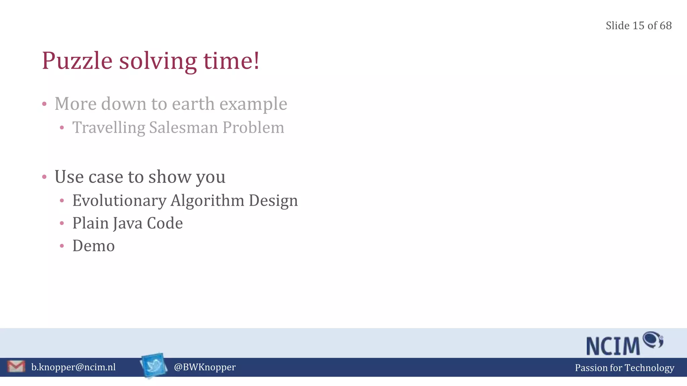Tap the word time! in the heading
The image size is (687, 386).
pos(231,61)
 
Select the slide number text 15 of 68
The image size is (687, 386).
pos(652,26)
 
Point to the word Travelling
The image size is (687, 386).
pos(108,128)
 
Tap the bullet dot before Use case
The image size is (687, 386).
pos(44,177)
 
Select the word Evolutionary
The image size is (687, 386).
pos(119,201)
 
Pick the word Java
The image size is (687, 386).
pos(128,223)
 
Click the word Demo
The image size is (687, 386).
pos(94,246)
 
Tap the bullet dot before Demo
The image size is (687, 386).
pos(62,246)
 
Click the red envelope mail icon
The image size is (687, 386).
pos(16,367)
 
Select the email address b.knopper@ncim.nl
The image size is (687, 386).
pos(73,367)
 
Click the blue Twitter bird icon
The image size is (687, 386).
pos(154,365)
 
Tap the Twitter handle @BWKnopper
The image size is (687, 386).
pos(205,367)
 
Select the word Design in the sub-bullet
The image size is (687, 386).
pos(273,201)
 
